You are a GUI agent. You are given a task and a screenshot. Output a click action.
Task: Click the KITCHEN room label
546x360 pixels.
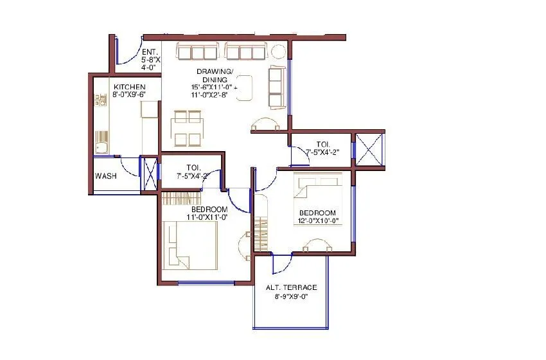point(129,87)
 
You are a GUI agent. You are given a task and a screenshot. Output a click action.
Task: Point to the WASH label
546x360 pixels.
point(105,175)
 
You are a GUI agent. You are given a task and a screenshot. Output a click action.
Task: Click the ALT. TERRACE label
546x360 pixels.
point(292,288)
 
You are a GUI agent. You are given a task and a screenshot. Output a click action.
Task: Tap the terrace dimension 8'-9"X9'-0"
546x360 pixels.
point(292,297)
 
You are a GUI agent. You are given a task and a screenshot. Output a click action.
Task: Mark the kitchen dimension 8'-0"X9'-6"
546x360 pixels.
point(129,94)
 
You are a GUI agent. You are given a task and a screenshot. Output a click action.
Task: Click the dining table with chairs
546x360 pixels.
point(188,128)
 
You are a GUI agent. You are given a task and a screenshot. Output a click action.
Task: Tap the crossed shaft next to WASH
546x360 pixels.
point(149,173)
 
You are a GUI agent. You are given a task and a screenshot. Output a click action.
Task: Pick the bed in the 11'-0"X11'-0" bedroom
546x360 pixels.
point(190,244)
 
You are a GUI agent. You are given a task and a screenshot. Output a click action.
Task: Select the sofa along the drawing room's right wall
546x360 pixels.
point(277,85)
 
